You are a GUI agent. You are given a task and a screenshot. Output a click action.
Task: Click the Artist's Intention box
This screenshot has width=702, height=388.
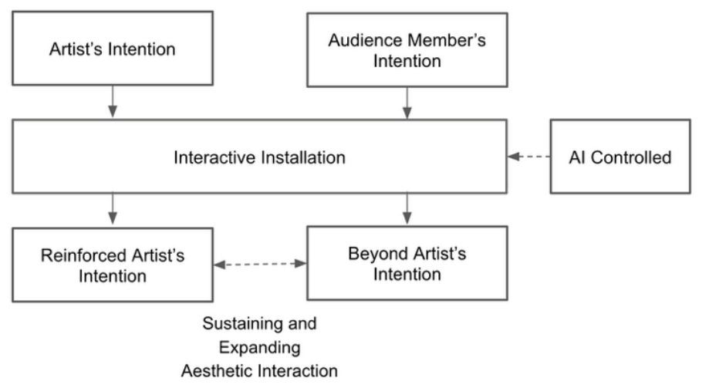point(113,49)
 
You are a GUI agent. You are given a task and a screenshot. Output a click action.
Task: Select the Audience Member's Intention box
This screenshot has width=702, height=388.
point(407,49)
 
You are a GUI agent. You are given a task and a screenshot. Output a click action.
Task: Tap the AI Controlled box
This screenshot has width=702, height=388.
point(620,157)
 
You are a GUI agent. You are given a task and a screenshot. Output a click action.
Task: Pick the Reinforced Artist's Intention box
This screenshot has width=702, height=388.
point(113,265)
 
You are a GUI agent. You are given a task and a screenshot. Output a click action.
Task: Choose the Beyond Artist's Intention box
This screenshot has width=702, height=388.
point(407,263)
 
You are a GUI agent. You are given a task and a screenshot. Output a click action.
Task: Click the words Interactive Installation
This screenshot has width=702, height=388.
point(260,157)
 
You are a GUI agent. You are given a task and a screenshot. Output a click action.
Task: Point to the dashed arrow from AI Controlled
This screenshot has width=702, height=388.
point(528,157)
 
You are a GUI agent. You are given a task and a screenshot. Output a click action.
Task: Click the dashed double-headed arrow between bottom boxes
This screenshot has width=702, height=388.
point(260,264)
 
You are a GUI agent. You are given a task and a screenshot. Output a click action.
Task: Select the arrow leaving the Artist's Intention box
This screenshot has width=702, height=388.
point(113,102)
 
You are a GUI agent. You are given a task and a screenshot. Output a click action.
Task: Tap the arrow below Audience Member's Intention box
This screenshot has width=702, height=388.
point(407,103)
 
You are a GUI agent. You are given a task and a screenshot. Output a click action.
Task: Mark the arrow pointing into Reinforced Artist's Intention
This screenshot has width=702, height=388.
point(113,209)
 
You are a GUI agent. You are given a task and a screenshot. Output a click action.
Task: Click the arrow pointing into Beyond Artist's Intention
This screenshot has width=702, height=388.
point(407,209)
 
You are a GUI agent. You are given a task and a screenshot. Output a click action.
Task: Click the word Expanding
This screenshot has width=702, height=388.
point(260,347)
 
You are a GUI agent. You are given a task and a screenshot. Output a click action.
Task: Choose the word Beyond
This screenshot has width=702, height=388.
point(374,254)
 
